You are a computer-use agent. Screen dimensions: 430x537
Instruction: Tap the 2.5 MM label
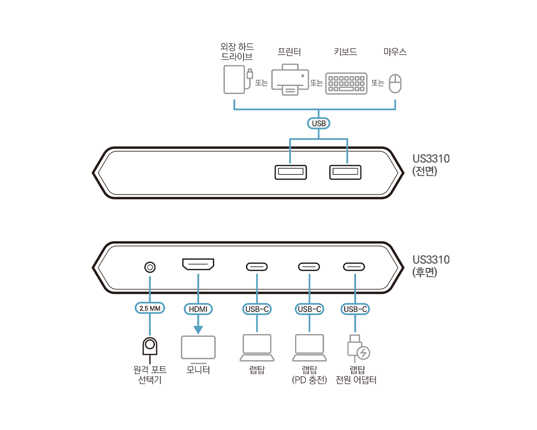coord(150,308)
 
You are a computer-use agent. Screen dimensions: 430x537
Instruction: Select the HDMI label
coord(198,309)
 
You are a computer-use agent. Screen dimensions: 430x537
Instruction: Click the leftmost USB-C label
coord(257,309)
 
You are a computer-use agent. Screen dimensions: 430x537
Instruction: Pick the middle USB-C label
coord(309,309)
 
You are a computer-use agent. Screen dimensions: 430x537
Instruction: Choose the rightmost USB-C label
coord(355,309)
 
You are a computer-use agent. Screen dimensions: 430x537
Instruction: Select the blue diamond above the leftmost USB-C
coord(257,282)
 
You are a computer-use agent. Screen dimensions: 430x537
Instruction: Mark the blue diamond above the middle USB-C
coord(309,282)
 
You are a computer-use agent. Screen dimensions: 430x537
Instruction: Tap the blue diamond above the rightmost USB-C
coord(355,282)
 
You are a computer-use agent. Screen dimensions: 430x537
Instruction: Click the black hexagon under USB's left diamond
coord(287,173)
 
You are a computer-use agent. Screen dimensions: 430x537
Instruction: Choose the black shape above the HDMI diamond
coord(198,264)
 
